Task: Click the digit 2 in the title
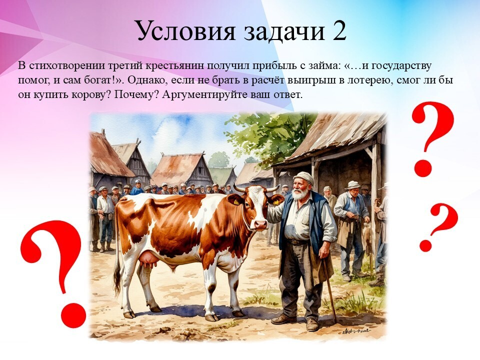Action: (338, 30)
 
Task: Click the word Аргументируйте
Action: (205, 95)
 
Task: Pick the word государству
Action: (402, 66)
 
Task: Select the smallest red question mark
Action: (438, 226)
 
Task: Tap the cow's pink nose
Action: (260, 224)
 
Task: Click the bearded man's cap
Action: (303, 177)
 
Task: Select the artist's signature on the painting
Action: (356, 331)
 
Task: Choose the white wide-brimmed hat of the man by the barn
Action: (352, 184)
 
